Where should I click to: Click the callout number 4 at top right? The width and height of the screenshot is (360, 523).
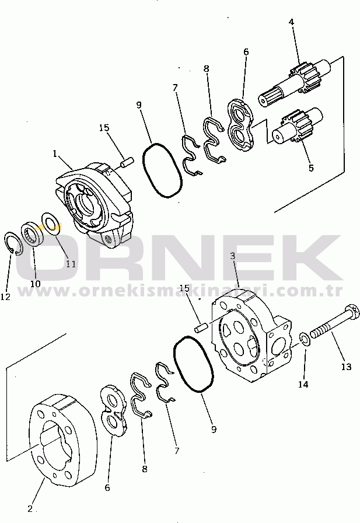291,22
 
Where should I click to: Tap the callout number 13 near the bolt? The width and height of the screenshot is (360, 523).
347,367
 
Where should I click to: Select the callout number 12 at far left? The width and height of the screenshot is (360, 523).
5,297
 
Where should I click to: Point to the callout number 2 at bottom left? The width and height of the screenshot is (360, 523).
30,509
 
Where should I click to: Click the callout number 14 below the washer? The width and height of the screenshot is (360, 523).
303,385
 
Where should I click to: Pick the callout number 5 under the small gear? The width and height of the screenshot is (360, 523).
311,168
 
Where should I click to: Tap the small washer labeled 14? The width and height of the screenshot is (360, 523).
305,339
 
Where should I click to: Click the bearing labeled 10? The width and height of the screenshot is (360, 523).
33,235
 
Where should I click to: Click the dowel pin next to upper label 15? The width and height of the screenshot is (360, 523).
127,162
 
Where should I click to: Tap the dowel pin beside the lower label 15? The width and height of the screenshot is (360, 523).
201,326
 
